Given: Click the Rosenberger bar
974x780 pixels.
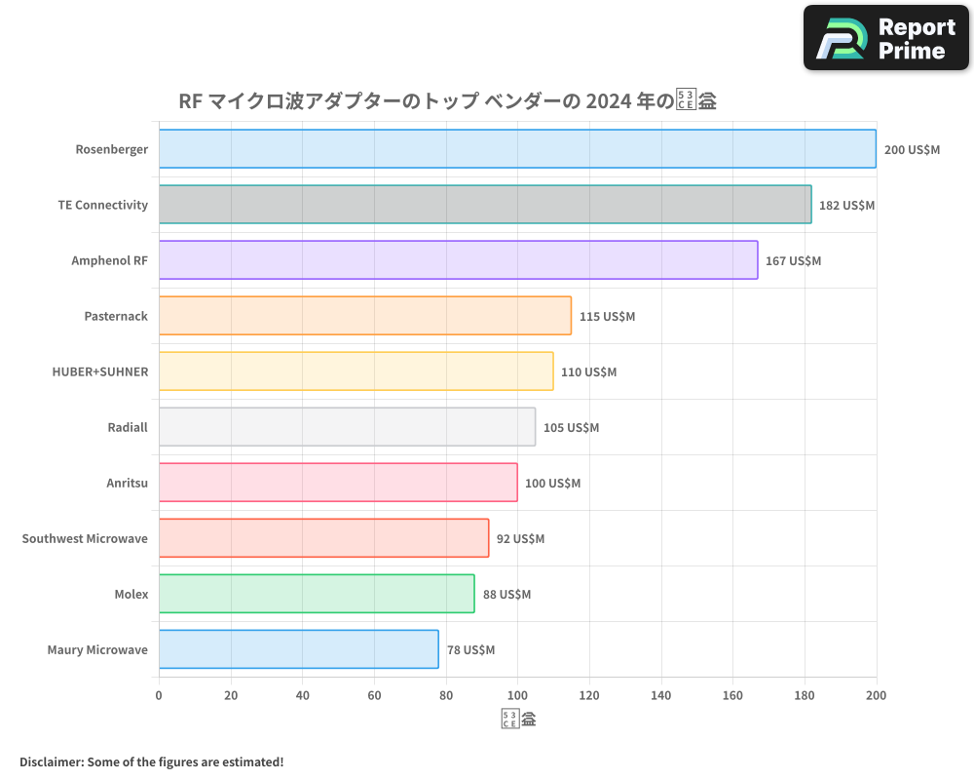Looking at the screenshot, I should pyautogui.click(x=517, y=149).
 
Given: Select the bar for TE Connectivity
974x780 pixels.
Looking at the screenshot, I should pyautogui.click(x=485, y=205).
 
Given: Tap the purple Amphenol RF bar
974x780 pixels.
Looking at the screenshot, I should pyautogui.click(x=458, y=260).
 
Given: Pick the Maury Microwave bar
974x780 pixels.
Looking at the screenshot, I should pyautogui.click(x=298, y=649).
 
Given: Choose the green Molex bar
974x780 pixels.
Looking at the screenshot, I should pyautogui.click(x=317, y=594).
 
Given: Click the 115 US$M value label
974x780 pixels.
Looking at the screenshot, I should pyautogui.click(x=607, y=317).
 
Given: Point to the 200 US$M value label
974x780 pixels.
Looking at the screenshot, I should pyautogui.click(x=912, y=150).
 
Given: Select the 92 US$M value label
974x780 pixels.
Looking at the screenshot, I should pyautogui.click(x=520, y=539).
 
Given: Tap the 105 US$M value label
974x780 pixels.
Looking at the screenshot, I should pyautogui.click(x=571, y=428).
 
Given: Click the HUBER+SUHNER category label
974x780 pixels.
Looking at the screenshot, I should pyautogui.click(x=100, y=371).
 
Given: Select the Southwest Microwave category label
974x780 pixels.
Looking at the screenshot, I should pyautogui.click(x=85, y=538).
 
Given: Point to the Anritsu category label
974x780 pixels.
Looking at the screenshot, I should pyautogui.click(x=127, y=483).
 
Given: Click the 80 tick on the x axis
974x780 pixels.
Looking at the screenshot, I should pyautogui.click(x=446, y=695).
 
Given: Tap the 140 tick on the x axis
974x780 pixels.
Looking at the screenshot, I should pyautogui.click(x=661, y=695).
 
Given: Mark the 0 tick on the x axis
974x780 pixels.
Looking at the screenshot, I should pyautogui.click(x=159, y=695).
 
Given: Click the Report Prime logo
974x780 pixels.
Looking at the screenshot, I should pyautogui.click(x=885, y=38).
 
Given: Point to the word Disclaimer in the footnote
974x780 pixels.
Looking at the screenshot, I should pyautogui.click(x=52, y=761).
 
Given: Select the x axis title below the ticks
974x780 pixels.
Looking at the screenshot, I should pyautogui.click(x=518, y=721).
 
